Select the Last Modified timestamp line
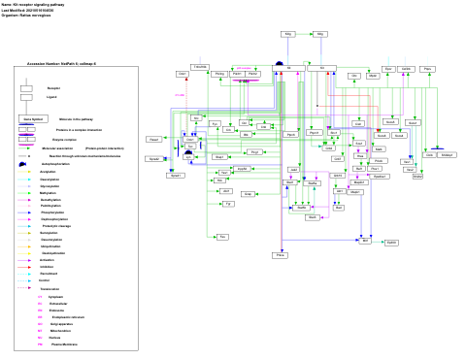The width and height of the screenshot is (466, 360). tap(30, 12)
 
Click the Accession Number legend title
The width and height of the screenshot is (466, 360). tap(60, 63)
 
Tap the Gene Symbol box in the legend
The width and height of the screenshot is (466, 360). tap(27, 118)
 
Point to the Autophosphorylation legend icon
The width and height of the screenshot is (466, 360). tap(25, 165)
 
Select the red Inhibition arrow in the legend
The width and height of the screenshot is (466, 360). tap(26, 267)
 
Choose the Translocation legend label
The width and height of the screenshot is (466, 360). tap(50, 289)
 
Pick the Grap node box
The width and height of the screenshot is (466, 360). tap(248, 194)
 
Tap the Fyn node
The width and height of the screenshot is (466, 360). tap(215, 124)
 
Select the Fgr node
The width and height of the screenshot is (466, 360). tap(227, 205)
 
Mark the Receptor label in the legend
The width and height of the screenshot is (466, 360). tap(53, 87)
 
